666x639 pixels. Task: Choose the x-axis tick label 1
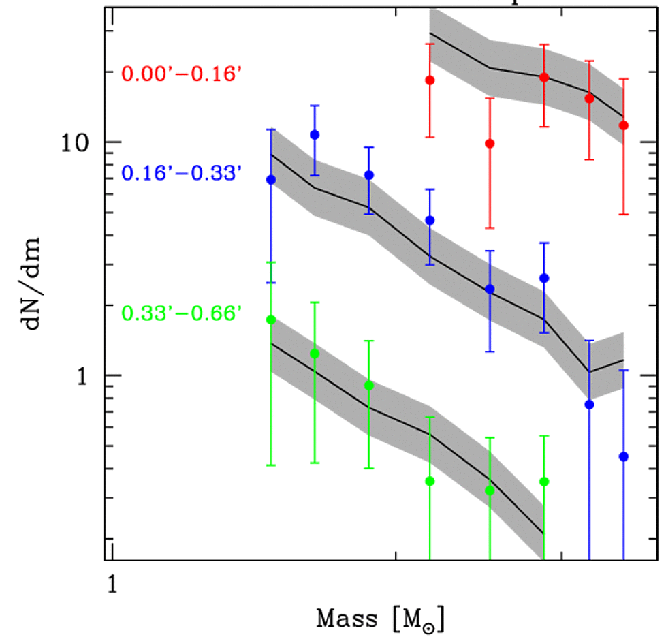(x=111, y=584)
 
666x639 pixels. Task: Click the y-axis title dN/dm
(x=35, y=283)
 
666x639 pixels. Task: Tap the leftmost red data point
(x=430, y=80)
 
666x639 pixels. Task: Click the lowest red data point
(x=490, y=144)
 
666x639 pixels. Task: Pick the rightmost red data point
(x=624, y=125)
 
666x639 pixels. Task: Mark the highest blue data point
(x=315, y=135)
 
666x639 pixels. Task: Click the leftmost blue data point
(x=271, y=180)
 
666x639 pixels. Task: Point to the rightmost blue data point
(x=624, y=456)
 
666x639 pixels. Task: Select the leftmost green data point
(x=271, y=320)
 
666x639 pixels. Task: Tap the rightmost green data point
(x=544, y=482)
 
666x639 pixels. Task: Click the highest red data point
(x=544, y=78)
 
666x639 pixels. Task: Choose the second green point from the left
(x=315, y=354)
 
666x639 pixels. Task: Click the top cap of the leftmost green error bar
(x=271, y=262)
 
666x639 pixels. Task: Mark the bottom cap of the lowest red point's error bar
(x=490, y=228)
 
